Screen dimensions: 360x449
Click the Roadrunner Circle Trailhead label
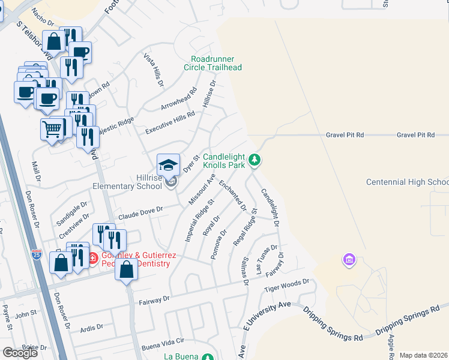coord(216,63)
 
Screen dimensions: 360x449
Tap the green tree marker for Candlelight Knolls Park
coord(256,160)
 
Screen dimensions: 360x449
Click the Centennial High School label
coord(408,182)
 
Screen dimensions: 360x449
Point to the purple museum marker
coord(349,260)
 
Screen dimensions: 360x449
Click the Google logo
coord(20,353)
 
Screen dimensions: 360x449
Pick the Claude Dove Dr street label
coord(140,211)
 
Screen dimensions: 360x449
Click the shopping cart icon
coord(52,129)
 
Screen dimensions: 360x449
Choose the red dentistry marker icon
coord(92,259)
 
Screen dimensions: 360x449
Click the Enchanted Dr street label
coord(233,195)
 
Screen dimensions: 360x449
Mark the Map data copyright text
coord(424,355)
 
